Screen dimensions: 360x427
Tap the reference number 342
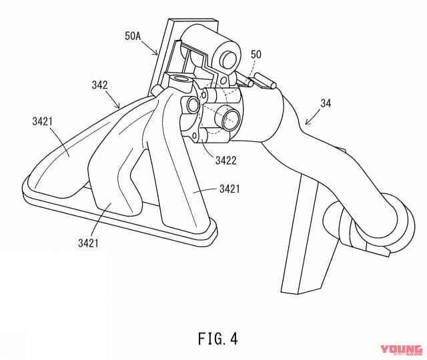(100, 85)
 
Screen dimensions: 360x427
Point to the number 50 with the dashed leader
(256, 53)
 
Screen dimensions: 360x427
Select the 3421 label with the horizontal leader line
(234, 190)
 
